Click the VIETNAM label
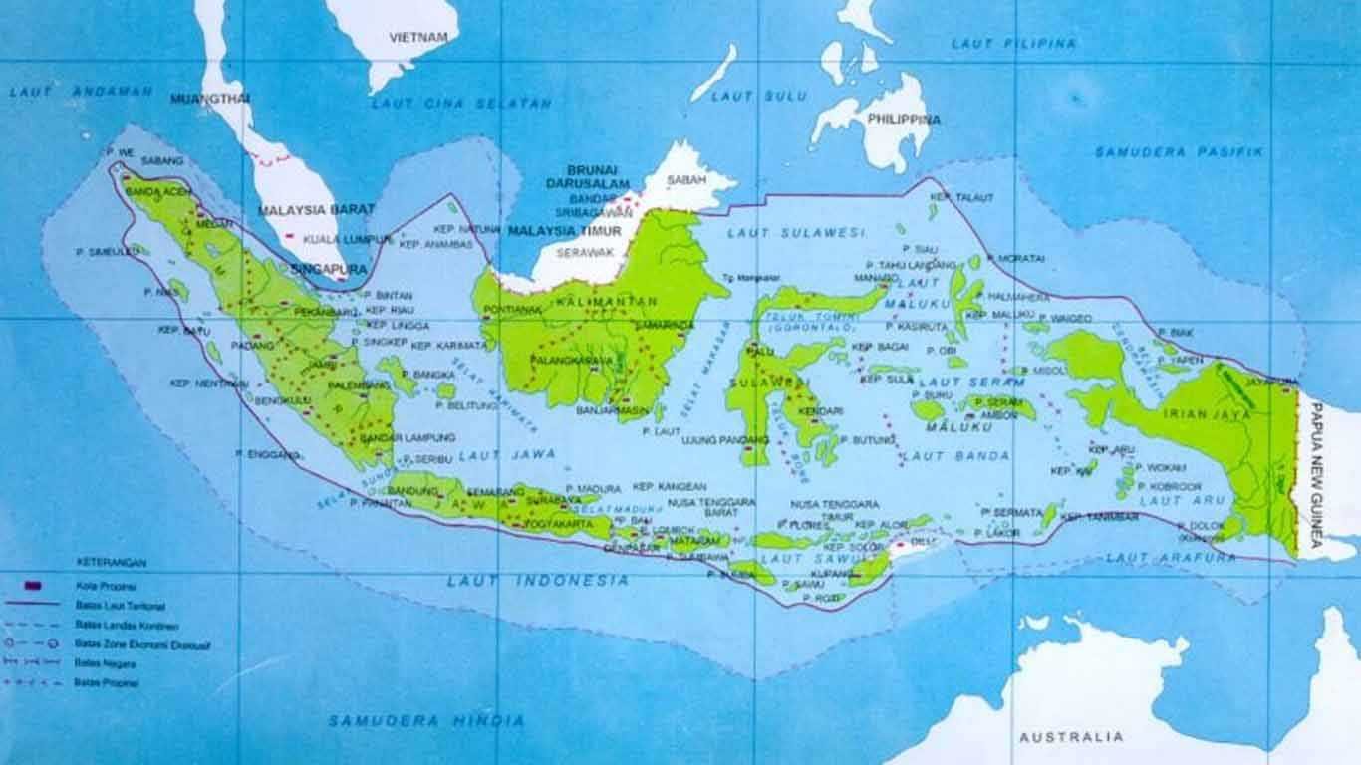(x=418, y=36)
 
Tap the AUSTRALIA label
(x=1071, y=737)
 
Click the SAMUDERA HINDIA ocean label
(x=426, y=719)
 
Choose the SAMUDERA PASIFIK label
(x=1179, y=152)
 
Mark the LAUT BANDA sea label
(x=954, y=455)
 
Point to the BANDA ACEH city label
(x=156, y=191)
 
